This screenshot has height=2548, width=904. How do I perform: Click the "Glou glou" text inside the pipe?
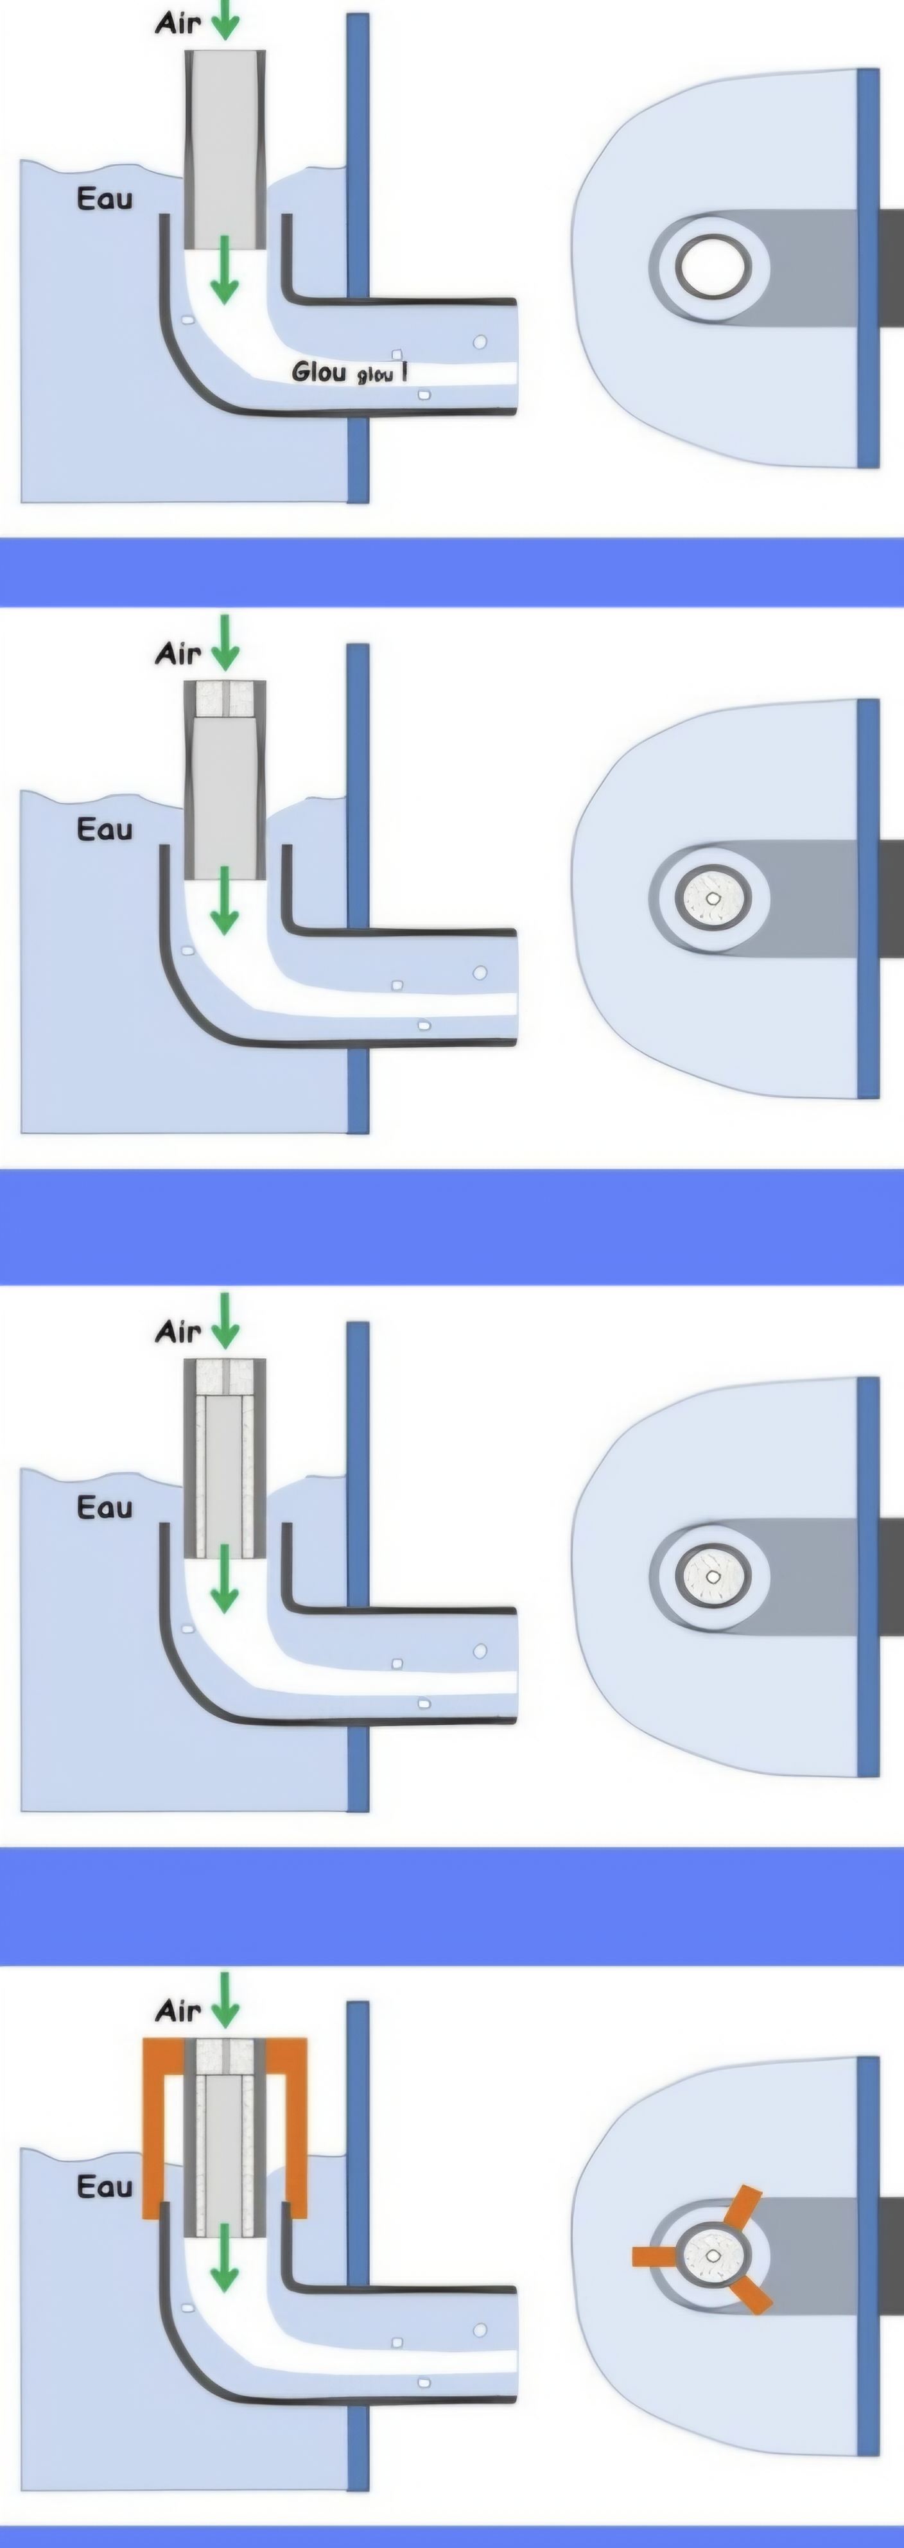[x=348, y=373]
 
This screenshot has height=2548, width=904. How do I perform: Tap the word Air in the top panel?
[x=178, y=22]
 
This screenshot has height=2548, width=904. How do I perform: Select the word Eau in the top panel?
[x=104, y=199]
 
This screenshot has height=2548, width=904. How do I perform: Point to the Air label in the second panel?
[x=178, y=653]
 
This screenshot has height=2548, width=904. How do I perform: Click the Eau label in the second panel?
[x=104, y=829]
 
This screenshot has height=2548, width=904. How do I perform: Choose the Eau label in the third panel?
[x=104, y=1508]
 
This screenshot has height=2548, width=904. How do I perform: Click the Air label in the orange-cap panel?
[x=178, y=2011]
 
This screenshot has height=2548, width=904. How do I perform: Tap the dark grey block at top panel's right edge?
[x=890, y=267]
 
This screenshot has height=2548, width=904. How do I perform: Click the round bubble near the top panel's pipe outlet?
[x=481, y=342]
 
